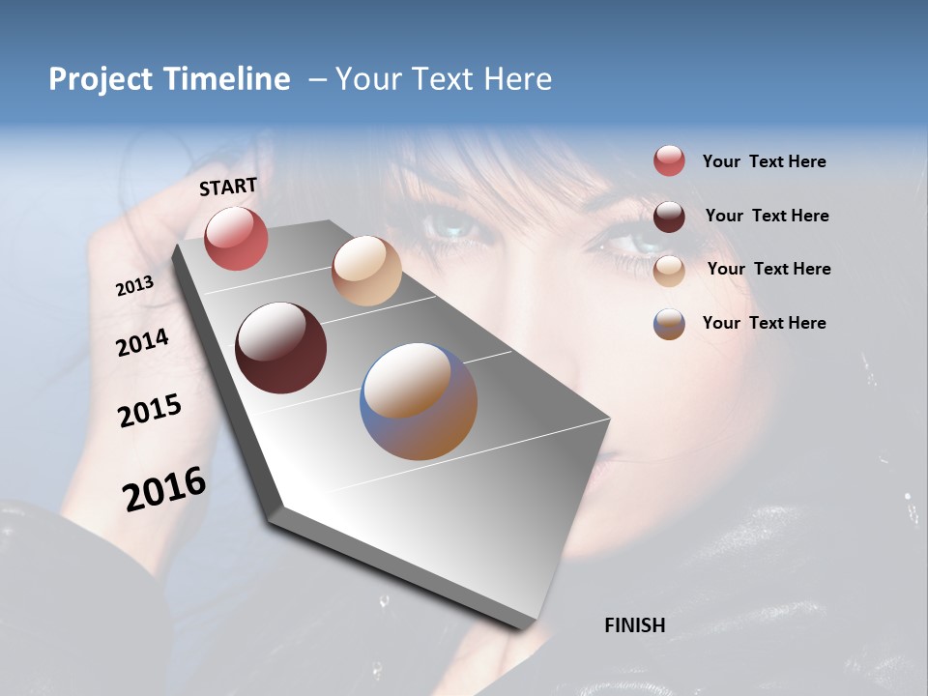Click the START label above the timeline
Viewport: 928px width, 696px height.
[228, 187]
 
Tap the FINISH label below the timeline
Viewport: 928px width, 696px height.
[634, 625]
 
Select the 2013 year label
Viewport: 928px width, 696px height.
[135, 285]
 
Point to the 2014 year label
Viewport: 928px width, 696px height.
[142, 342]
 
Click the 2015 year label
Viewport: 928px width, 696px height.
[150, 411]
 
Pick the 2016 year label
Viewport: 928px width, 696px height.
[164, 488]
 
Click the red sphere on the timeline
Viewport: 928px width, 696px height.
[236, 239]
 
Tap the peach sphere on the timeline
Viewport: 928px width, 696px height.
[366, 271]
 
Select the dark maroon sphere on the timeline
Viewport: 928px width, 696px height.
[280, 348]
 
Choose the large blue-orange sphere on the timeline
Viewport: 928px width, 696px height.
[419, 401]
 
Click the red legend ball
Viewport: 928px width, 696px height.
[669, 161]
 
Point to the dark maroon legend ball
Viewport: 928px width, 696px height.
[669, 216]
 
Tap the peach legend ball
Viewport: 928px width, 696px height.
[669, 270]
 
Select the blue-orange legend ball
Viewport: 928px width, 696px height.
[669, 324]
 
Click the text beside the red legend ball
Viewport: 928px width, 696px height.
[764, 162]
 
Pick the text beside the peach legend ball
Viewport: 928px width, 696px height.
[768, 269]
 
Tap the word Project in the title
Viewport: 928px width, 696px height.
[100, 79]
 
